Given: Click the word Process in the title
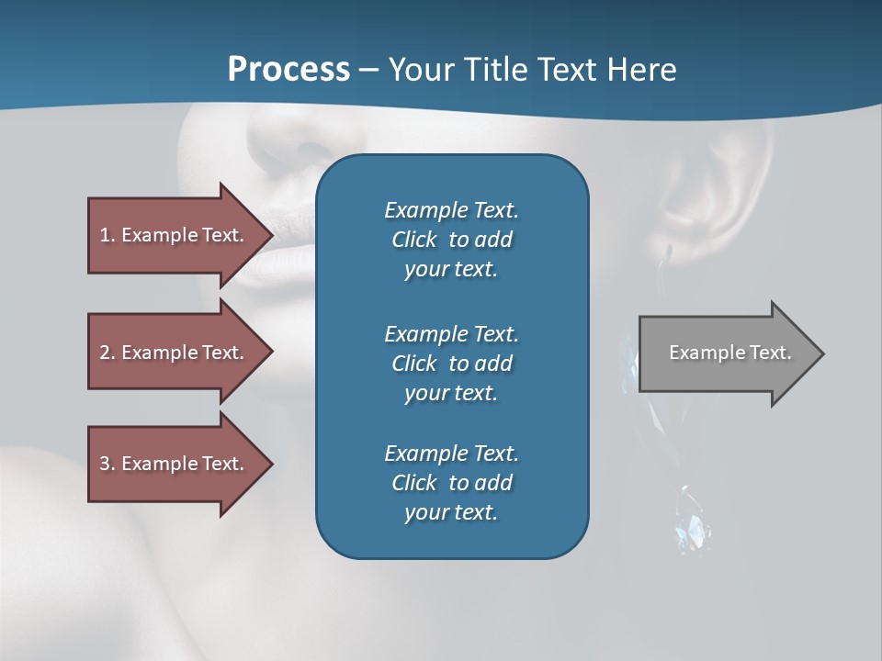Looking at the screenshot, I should pyautogui.click(x=288, y=70).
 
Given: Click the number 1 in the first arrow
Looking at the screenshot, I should pyautogui.click(x=105, y=235).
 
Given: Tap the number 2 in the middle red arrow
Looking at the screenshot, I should pyautogui.click(x=105, y=353).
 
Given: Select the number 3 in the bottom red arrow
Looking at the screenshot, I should pyautogui.click(x=105, y=464).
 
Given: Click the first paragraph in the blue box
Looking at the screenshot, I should pyautogui.click(x=451, y=240).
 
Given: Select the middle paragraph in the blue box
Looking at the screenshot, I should pyautogui.click(x=451, y=364).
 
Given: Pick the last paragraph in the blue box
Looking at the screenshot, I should pyautogui.click(x=451, y=483).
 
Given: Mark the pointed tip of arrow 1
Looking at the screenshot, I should pyautogui.click(x=271, y=235).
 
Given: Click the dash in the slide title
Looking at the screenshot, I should pyautogui.click(x=369, y=70).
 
